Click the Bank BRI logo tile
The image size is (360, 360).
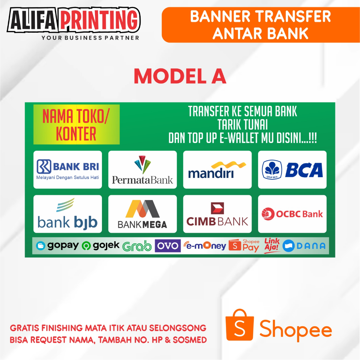coord(67,169)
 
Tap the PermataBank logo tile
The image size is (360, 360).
coord(142,169)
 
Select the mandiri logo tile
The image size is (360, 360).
coord(217,169)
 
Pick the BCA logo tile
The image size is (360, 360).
coord(292,169)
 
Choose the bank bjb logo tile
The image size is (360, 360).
coord(67,214)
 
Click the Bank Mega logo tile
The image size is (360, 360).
coord(142,214)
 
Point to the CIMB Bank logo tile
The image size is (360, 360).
coord(217,214)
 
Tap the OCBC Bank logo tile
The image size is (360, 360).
coord(292,214)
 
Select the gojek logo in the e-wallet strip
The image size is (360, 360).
coord(101,246)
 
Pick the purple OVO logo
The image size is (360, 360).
coord(168,246)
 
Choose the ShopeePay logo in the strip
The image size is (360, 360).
coord(244,246)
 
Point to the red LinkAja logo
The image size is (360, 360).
coord(272,245)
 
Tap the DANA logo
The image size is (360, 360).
coord(304,246)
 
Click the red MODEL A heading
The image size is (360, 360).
coord(180,76)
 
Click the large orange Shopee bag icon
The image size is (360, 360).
coord(240,326)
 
